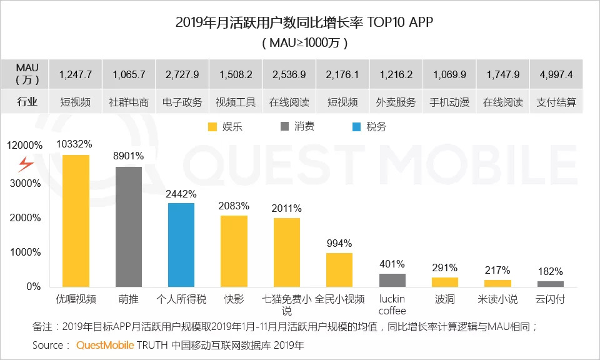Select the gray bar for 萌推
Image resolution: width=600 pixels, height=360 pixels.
(x=128, y=226)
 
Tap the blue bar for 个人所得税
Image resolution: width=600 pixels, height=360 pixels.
(x=181, y=244)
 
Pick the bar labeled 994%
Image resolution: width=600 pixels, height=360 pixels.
(x=339, y=269)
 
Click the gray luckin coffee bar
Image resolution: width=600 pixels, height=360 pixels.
(x=392, y=280)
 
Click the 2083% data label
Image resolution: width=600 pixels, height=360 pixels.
(x=234, y=206)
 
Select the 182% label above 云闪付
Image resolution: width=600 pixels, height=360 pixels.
(x=550, y=271)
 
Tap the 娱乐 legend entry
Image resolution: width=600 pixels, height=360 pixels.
(x=224, y=127)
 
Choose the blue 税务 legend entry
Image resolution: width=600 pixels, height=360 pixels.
(x=369, y=127)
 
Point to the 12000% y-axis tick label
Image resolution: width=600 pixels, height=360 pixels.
(x=25, y=145)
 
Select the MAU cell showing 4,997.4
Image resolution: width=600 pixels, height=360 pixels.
(x=555, y=74)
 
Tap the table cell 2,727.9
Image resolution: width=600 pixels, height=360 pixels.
(x=182, y=74)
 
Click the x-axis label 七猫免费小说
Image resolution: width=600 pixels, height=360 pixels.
(x=286, y=304)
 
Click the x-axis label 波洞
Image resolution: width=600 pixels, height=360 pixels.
(x=445, y=299)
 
